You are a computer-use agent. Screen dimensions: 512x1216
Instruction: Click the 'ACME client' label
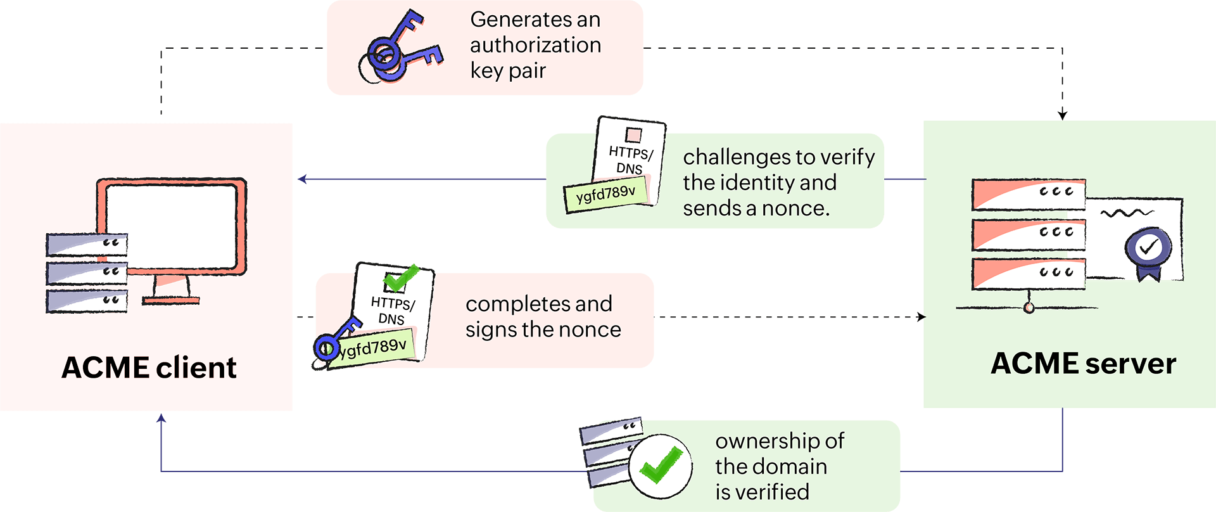pyautogui.click(x=149, y=368)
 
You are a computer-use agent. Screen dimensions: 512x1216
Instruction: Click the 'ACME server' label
pyautogui.click(x=1084, y=364)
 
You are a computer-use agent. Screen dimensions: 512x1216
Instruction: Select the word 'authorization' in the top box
pyautogui.click(x=535, y=45)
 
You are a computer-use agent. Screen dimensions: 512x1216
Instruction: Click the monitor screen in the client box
pyautogui.click(x=171, y=226)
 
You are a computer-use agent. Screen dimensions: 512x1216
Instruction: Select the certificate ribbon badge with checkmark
pyautogui.click(x=1148, y=251)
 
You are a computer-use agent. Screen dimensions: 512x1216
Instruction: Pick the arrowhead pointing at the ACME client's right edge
pyautogui.click(x=303, y=179)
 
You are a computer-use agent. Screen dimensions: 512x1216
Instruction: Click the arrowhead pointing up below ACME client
pyautogui.click(x=161, y=418)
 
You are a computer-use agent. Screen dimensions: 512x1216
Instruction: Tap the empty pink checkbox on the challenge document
pyautogui.click(x=633, y=135)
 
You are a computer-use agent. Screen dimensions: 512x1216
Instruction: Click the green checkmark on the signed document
pyautogui.click(x=401, y=277)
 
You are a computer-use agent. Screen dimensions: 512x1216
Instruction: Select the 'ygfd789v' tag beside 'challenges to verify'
pyautogui.click(x=606, y=193)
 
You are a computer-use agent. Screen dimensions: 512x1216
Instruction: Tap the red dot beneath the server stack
pyautogui.click(x=1029, y=308)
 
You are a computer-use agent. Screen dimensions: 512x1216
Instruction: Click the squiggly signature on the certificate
pyautogui.click(x=1127, y=213)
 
